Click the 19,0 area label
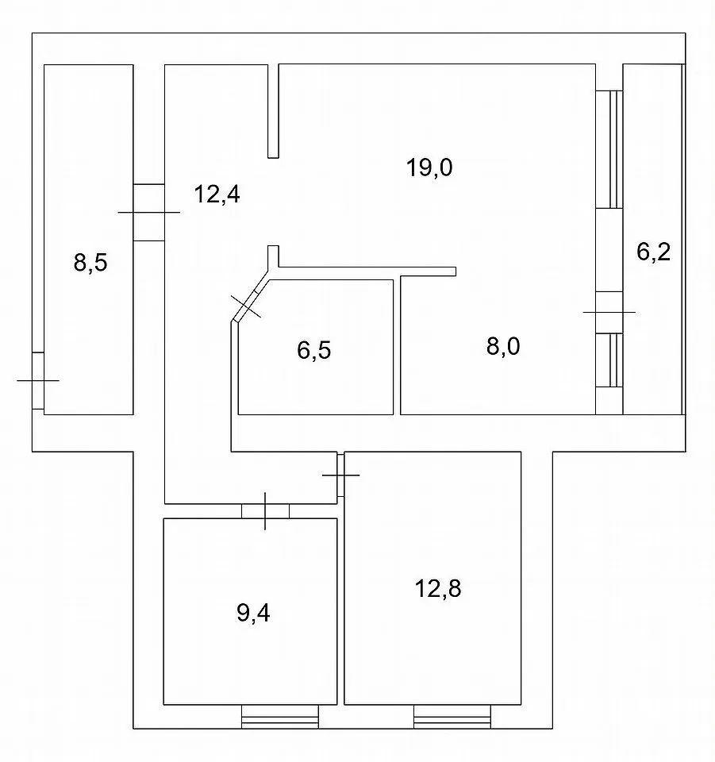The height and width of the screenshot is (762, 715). click(429, 168)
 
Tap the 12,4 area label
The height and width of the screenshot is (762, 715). click(217, 194)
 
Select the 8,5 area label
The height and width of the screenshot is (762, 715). click(90, 263)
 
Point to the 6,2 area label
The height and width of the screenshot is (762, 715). click(653, 252)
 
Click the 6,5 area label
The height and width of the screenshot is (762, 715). click(313, 350)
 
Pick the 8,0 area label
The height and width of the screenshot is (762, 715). click(503, 347)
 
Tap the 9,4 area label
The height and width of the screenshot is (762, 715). click(253, 614)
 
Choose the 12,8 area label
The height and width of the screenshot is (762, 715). click(437, 589)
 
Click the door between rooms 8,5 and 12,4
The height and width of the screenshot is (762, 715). click(148, 213)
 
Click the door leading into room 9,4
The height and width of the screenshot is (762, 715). click(265, 510)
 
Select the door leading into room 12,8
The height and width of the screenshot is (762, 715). click(341, 475)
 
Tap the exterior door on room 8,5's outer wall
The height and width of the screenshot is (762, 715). click(38, 380)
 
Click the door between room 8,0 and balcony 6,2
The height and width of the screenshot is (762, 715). click(609, 312)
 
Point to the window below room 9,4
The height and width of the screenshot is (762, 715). click(280, 717)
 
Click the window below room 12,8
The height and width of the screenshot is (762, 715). click(452, 717)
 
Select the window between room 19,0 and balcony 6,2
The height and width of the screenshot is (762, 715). click(609, 149)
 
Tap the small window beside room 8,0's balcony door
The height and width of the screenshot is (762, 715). click(609, 360)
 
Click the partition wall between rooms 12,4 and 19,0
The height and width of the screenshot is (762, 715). click(274, 111)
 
